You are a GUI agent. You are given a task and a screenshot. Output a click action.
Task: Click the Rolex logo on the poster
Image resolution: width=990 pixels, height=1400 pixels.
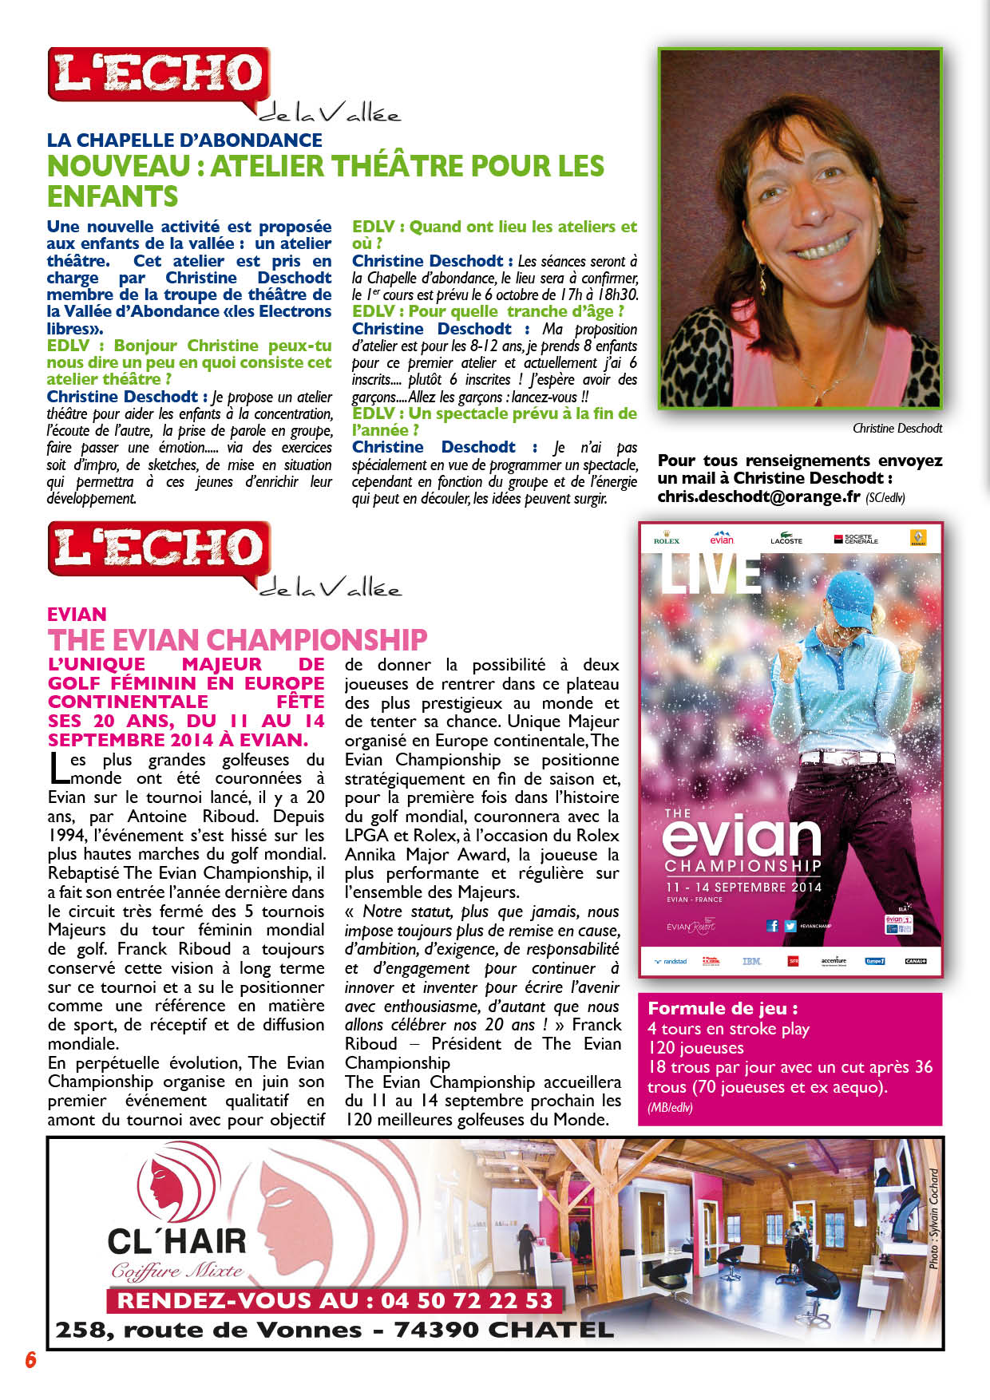(667, 539)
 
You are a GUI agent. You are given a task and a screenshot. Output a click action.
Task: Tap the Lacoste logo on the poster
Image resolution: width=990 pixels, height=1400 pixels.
(786, 539)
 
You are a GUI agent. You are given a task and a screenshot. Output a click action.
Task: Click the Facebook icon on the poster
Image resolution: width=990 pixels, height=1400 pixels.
(772, 926)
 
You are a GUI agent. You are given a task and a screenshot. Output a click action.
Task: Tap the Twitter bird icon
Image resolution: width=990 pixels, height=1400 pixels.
(790, 926)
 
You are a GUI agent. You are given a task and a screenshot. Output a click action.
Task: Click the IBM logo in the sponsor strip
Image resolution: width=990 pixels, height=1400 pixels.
(751, 961)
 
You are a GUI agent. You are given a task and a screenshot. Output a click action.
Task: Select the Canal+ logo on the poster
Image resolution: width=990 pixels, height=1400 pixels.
(915, 961)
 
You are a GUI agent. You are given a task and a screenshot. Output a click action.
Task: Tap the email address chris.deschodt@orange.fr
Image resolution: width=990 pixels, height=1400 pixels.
(758, 496)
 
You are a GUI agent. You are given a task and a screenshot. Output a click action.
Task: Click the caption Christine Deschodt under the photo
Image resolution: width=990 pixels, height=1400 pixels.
(897, 429)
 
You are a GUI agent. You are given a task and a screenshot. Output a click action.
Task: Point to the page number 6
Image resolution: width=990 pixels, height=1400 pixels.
(31, 1359)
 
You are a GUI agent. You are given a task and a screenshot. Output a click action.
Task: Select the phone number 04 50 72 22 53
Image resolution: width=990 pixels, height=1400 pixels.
(467, 1301)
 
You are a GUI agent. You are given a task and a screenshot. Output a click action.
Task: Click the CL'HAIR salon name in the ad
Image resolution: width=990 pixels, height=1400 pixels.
(176, 1241)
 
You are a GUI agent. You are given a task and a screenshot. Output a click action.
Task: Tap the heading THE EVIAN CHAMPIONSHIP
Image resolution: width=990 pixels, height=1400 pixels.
(237, 640)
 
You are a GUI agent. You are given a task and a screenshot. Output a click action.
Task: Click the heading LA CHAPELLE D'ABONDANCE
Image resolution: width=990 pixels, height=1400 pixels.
(184, 140)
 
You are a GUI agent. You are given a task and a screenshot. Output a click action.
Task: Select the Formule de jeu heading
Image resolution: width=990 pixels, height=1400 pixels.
(723, 1008)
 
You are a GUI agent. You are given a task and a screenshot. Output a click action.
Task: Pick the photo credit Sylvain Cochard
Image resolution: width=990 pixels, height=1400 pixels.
(933, 1219)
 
